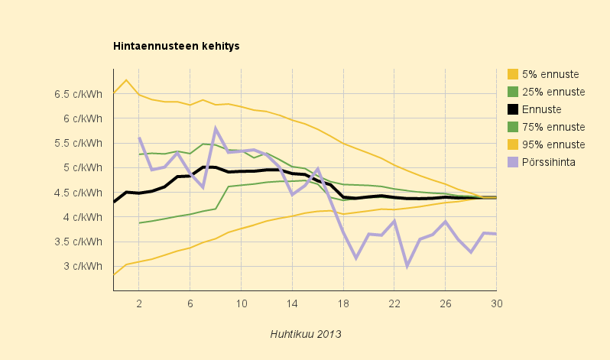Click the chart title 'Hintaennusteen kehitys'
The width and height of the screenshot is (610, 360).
pos(177,46)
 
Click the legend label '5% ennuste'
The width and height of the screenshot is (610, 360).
pos(550,74)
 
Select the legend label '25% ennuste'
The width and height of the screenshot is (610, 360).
pos(553,92)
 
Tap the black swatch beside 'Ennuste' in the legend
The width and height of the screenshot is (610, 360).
pos(513,109)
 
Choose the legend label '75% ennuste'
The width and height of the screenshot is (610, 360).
pos(553,127)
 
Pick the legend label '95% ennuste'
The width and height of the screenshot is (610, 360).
pos(553,144)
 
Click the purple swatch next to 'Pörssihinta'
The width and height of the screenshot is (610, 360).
pos(513,162)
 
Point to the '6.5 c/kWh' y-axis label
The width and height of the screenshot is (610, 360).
pos(79,94)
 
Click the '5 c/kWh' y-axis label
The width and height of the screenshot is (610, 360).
pos(83,167)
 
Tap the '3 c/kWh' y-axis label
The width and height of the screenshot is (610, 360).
pos(83,266)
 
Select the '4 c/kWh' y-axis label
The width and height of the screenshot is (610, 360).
pos(83,217)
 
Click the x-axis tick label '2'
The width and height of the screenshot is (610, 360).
pos(139,303)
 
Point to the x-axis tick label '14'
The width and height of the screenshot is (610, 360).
pos(292,303)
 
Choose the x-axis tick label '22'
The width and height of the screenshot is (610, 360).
pos(394,303)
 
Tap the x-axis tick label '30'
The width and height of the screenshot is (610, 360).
pos(496,303)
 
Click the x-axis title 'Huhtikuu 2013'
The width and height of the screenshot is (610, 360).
pos(305,334)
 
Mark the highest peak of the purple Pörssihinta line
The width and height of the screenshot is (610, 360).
pos(216,128)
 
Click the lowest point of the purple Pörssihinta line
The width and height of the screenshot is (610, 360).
pos(407,266)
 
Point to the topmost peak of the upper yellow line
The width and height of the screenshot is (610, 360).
pos(126,79)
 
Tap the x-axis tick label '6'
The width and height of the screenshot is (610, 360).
pos(190,303)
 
